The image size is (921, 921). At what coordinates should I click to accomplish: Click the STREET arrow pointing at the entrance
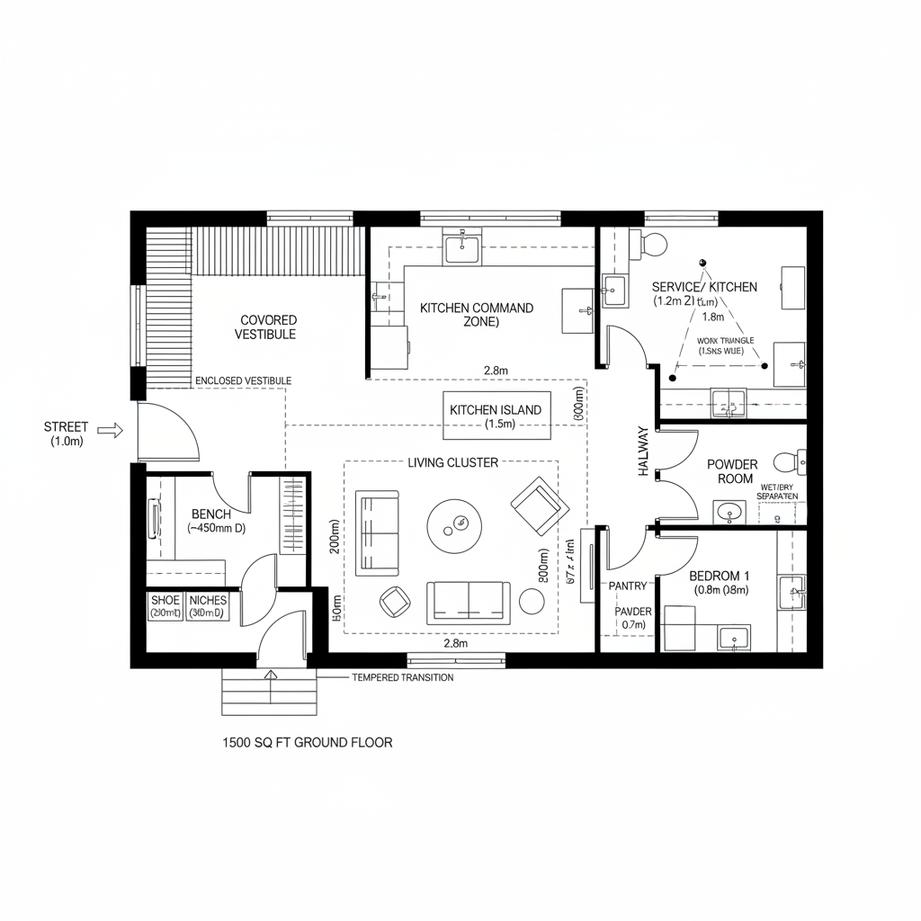[x=111, y=431]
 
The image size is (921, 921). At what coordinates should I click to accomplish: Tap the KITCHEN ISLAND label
[x=496, y=410]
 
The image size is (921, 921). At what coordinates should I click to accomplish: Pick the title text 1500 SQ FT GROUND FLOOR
[x=307, y=743]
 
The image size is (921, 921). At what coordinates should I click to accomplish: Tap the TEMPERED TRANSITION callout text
[x=402, y=677]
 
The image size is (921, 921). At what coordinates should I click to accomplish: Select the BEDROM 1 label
[x=720, y=576]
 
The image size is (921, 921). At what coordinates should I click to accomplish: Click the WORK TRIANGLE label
[x=726, y=342]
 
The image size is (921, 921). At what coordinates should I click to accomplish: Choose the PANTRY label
[x=628, y=586]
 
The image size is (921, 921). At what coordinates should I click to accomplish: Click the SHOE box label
[x=165, y=600]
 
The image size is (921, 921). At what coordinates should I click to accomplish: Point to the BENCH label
[x=211, y=514]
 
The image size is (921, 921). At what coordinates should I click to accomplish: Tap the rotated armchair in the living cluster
[x=540, y=501]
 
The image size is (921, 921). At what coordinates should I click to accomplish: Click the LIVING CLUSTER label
[x=453, y=462]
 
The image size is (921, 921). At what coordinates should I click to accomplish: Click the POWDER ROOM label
[x=731, y=471]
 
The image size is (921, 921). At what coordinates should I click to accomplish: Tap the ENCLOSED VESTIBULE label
[x=243, y=380]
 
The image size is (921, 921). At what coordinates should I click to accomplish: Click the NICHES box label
[x=209, y=600]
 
